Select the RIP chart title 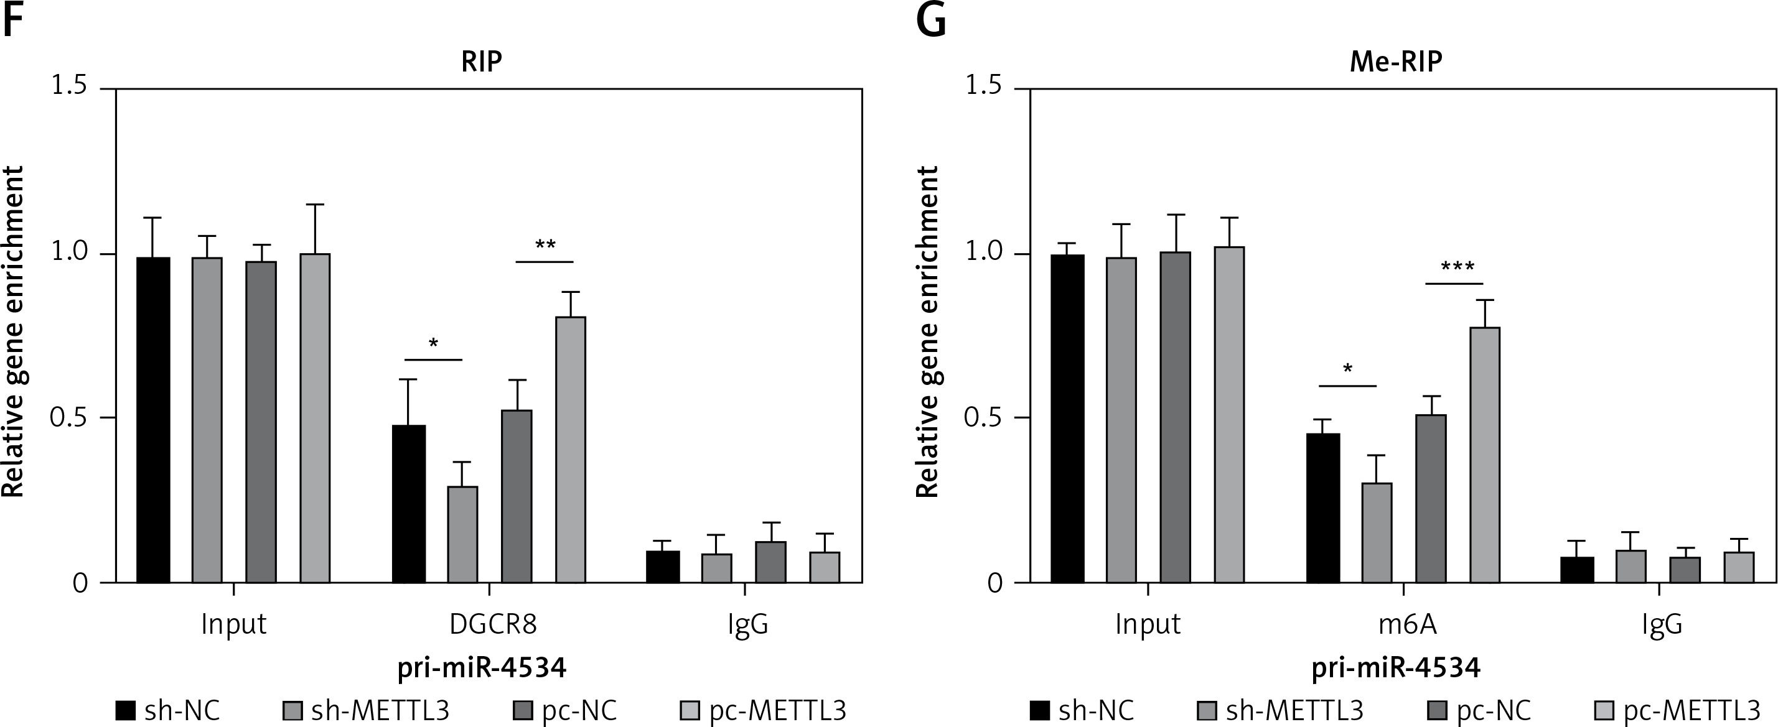coord(481,62)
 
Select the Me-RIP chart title coord(1396,62)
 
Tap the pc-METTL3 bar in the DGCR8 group coord(571,450)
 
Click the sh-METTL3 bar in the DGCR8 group coord(462,535)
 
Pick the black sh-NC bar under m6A coord(1323,508)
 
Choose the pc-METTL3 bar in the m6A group coord(1485,455)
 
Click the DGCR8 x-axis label coord(493,624)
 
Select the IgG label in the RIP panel coord(747,624)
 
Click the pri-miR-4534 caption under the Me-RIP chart coord(1396,668)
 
